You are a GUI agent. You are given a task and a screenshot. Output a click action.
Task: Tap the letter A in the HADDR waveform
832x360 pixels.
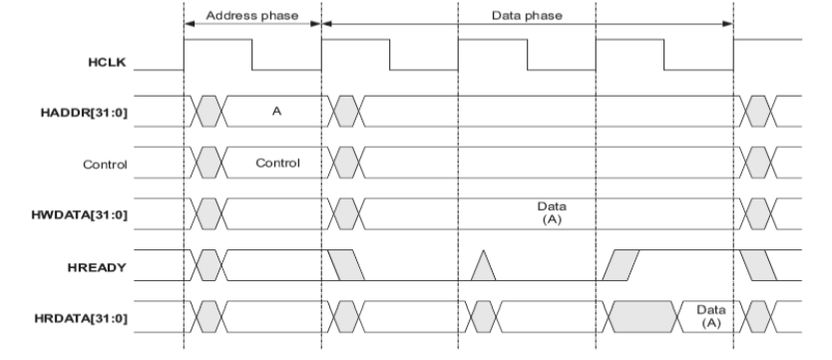[x=277, y=113]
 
